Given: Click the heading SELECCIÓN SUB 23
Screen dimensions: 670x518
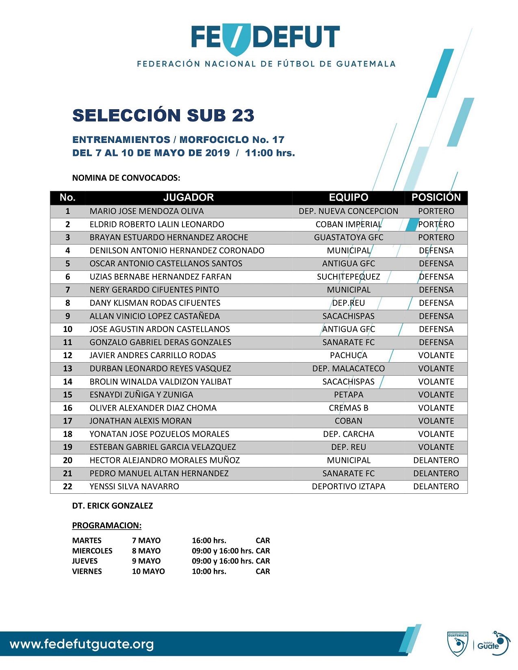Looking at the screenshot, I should click(163, 115).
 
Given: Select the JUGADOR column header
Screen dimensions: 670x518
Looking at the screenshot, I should click(188, 198).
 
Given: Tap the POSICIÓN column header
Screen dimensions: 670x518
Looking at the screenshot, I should click(436, 198).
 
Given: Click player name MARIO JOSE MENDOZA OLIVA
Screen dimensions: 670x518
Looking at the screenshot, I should click(147, 211).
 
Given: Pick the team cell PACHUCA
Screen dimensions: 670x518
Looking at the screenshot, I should click(349, 355).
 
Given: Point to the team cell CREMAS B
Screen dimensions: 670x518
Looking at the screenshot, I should click(349, 408).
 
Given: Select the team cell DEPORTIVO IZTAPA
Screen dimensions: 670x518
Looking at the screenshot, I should click(349, 486).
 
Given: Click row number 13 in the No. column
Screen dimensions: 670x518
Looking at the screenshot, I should click(67, 369).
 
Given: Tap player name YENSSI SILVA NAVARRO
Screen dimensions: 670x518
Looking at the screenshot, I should click(134, 486).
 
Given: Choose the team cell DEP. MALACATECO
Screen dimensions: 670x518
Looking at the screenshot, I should click(349, 369).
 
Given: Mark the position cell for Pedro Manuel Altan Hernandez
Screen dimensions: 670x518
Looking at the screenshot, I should click(436, 473).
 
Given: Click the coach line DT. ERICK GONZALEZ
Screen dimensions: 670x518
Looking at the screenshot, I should click(113, 506).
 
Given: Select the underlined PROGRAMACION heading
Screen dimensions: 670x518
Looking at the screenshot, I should click(107, 525).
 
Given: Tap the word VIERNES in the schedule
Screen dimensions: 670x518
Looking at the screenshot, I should click(87, 571).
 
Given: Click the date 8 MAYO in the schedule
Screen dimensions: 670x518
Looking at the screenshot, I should click(146, 551).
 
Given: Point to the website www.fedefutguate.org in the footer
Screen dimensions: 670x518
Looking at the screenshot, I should click(82, 644).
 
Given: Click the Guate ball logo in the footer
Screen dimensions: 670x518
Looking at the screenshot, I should click(493, 644).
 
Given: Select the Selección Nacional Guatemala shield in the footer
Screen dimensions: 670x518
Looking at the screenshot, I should click(457, 644).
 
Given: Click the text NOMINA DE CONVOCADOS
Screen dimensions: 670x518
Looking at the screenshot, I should click(126, 178).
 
